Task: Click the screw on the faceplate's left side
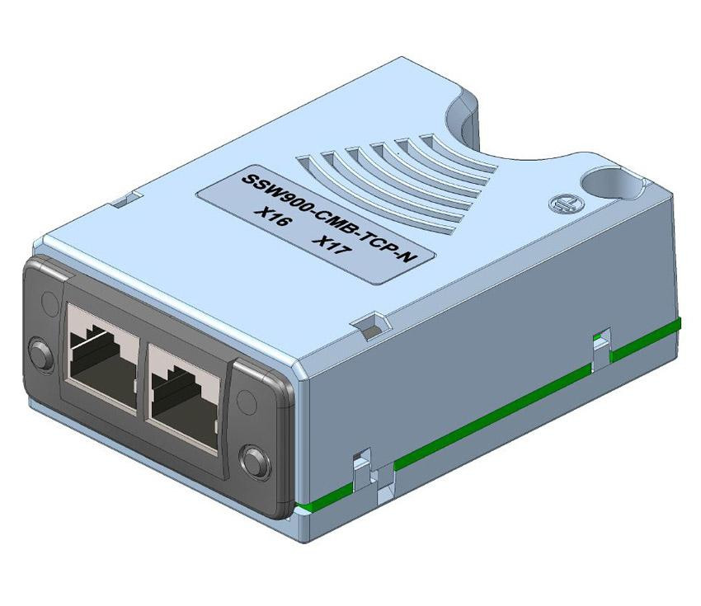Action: tap(37, 353)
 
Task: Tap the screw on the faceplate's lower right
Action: tap(252, 458)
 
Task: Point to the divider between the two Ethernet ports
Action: tap(143, 375)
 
